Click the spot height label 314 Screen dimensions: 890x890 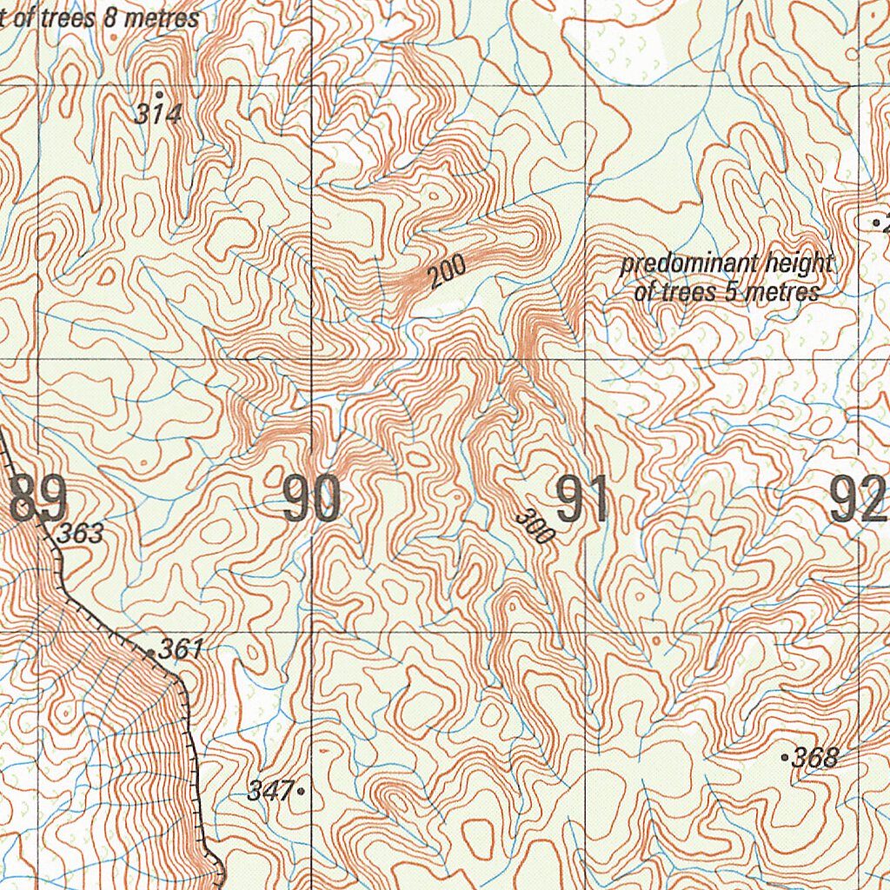click(x=160, y=113)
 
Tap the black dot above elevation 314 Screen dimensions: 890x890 click(x=159, y=93)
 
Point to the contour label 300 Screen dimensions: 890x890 click(x=534, y=526)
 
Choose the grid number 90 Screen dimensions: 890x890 click(x=311, y=500)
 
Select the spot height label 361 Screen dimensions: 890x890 click(x=183, y=648)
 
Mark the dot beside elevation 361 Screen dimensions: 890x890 click(x=150, y=652)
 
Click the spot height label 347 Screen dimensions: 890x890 click(x=269, y=790)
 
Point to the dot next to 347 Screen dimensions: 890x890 click(x=301, y=791)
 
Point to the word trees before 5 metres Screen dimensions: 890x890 click(x=687, y=292)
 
